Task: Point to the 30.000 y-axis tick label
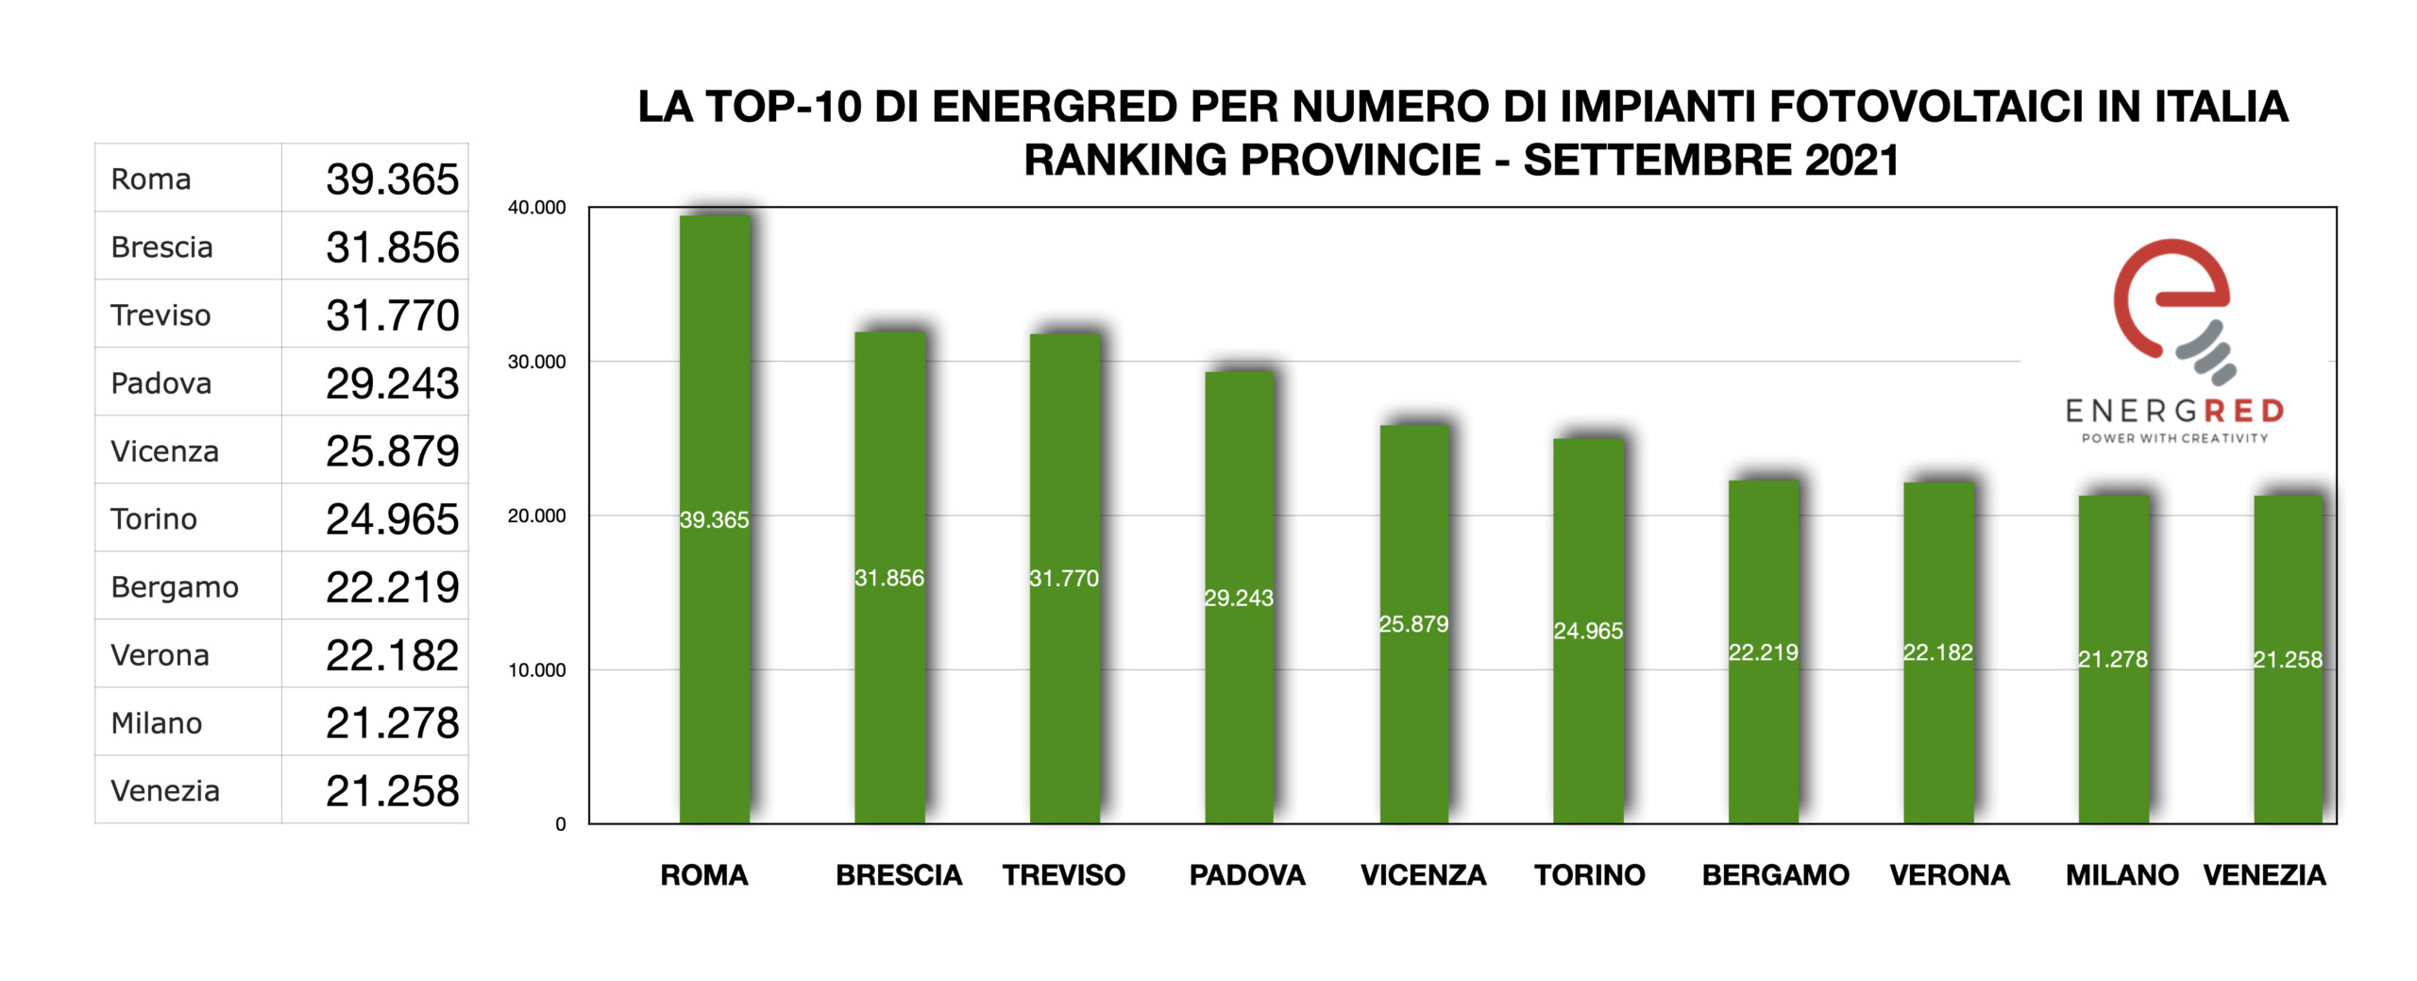coord(536,362)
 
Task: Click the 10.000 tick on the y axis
coord(536,670)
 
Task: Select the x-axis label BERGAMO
coord(1775,875)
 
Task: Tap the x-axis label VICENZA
coord(1423,875)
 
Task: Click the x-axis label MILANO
coord(2121,875)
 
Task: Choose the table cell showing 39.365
coord(392,179)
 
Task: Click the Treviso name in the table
coord(161,315)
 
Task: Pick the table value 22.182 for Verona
coord(392,655)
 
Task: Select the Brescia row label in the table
coord(161,247)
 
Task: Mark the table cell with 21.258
coord(392,791)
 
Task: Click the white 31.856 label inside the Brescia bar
coord(889,578)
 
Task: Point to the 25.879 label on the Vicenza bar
coord(1413,624)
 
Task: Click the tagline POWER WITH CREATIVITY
coord(2174,438)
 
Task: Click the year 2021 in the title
coord(1851,160)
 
